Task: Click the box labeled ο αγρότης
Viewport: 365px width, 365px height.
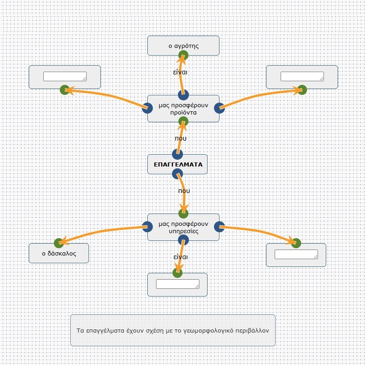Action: pos(183,46)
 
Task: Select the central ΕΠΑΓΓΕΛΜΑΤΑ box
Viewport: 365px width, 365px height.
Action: pos(177,164)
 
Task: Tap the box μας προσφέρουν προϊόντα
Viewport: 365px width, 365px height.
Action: pos(183,109)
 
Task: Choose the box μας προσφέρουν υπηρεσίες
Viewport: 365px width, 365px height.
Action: pos(183,227)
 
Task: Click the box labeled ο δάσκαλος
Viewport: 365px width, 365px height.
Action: pos(59,253)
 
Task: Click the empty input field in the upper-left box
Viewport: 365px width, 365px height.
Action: pos(65,76)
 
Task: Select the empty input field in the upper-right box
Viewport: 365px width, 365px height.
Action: pos(302,76)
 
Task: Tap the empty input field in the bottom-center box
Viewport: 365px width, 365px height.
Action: pos(177,284)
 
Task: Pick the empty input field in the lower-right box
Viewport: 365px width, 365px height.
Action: pos(296,254)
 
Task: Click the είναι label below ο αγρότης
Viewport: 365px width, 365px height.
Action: pos(180,72)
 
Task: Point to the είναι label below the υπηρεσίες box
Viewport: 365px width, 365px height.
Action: pos(181,257)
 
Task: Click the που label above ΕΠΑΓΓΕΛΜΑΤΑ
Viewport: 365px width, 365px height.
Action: pos(181,139)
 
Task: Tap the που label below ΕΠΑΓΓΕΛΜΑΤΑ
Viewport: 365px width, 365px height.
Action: pos(184,191)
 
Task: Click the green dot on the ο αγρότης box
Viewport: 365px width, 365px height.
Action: pos(183,55)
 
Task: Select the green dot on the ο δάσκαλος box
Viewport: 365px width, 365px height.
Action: pos(59,243)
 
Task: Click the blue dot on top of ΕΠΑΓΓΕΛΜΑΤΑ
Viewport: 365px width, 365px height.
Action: pos(177,154)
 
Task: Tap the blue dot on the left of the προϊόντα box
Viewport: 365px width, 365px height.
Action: pos(147,108)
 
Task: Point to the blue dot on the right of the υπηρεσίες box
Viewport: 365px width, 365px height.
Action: pos(219,227)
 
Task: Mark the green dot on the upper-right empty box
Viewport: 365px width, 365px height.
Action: pos(302,90)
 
